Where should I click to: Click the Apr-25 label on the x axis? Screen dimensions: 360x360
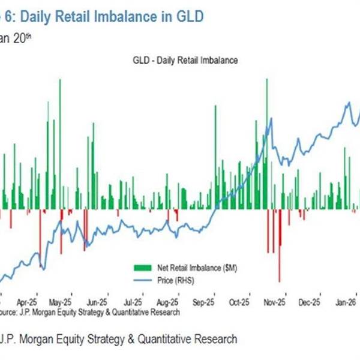(x=28, y=304)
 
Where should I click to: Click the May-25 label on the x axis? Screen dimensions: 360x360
(x=61, y=304)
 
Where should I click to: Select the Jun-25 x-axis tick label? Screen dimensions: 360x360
(x=97, y=304)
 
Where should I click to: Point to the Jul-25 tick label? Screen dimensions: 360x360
(x=132, y=304)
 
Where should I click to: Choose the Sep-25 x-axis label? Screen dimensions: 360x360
(x=205, y=304)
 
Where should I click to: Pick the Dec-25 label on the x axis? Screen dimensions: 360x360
(x=310, y=304)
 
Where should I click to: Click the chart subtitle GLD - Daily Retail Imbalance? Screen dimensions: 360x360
(x=179, y=61)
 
